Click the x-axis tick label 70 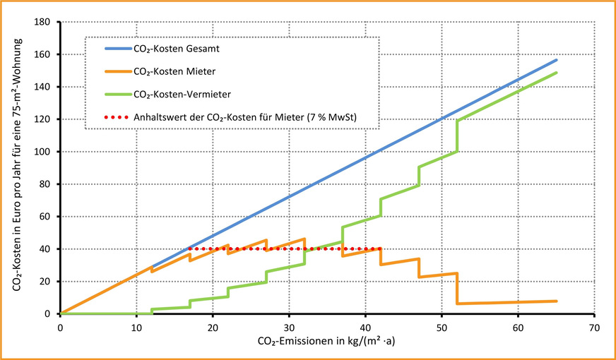click(594, 328)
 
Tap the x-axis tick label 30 click(289, 328)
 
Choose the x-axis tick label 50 click(442, 328)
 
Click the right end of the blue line click(557, 60)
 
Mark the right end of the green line click(557, 73)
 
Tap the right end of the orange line click(557, 301)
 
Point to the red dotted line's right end click(381, 248)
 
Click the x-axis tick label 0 click(60, 328)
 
